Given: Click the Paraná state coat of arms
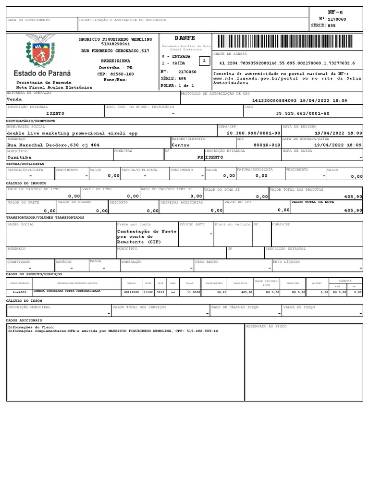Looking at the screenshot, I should click(x=42, y=53).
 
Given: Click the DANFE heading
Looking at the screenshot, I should click(x=185, y=38).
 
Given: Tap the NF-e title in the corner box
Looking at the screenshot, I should click(x=335, y=11).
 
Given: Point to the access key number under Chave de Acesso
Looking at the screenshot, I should click(x=287, y=63).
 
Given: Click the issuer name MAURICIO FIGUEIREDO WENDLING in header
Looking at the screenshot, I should click(x=115, y=39).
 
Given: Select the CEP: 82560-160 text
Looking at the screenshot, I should click(x=115, y=74).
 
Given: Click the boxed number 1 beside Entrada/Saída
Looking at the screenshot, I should click(x=204, y=61).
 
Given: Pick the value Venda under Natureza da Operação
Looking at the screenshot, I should click(x=14, y=99).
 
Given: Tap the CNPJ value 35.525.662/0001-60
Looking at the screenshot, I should click(x=303, y=113).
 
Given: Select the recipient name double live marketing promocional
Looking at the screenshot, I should click(x=72, y=133).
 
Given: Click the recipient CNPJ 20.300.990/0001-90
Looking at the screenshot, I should click(x=253, y=133).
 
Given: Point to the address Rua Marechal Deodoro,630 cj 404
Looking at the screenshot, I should click(x=53, y=145).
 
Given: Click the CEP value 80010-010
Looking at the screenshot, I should click(x=267, y=145).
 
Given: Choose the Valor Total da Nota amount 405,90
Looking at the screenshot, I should click(x=353, y=210).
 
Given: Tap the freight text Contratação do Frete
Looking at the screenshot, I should click(x=147, y=232).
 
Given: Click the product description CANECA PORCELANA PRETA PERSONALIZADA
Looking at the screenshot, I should click(x=67, y=291).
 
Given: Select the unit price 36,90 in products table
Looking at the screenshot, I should click(x=221, y=292).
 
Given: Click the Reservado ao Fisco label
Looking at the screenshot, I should click(x=266, y=326).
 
